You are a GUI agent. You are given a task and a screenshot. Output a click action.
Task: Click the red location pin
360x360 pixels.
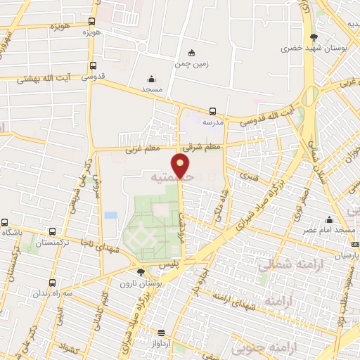[x=181, y=166]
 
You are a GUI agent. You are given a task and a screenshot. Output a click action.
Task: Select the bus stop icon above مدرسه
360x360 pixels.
[x=212, y=110]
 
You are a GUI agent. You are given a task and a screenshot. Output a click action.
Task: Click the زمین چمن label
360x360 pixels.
[x=193, y=63]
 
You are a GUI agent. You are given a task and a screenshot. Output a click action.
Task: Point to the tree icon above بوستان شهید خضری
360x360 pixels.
[x=314, y=37]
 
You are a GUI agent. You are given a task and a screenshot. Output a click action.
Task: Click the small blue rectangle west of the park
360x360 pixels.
[x=110, y=214]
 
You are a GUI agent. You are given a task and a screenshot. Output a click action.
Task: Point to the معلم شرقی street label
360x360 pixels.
[x=197, y=148]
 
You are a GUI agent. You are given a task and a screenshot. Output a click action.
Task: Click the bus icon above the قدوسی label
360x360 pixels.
[x=93, y=67]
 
